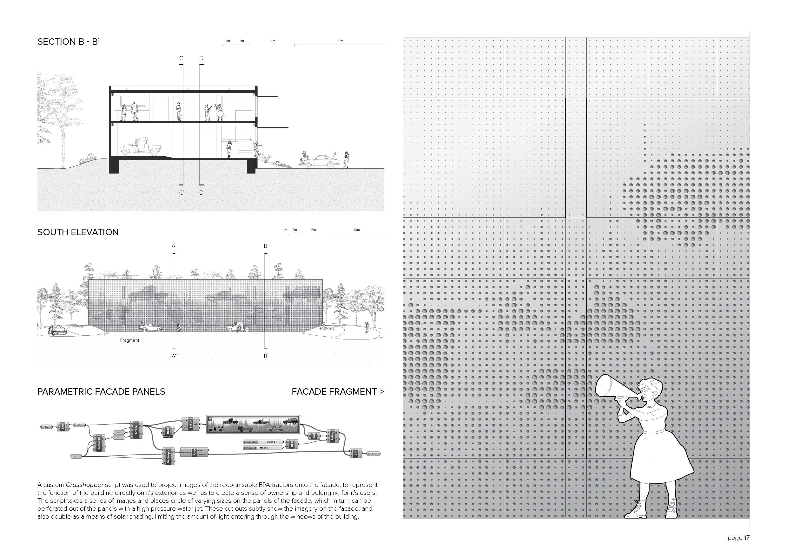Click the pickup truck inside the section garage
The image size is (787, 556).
pyautogui.click(x=140, y=147)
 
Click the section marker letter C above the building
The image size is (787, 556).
pyautogui.click(x=181, y=59)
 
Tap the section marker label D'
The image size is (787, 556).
pyautogui.click(x=202, y=193)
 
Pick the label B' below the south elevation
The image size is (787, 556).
pyautogui.click(x=266, y=356)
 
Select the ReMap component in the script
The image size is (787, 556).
pyautogui.click(x=332, y=436)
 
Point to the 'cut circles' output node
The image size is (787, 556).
pyautogui.click(x=373, y=454)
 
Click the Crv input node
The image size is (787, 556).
pyautogui.click(x=46, y=427)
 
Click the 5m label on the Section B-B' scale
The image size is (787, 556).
pyautogui.click(x=273, y=41)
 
